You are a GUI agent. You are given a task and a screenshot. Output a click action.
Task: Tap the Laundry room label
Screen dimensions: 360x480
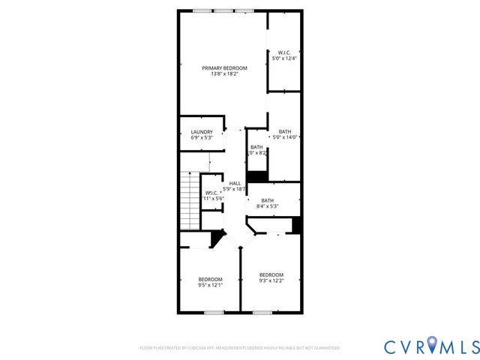point(202,132)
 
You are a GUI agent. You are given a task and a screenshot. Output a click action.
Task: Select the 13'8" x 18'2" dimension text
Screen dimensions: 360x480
point(224,74)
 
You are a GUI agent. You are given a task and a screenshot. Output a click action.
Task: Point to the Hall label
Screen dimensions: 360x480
point(235,183)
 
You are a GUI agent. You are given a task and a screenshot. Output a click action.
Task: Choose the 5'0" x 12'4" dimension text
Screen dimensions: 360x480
point(285,58)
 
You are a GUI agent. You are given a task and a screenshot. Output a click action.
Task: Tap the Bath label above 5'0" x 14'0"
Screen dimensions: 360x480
point(285,131)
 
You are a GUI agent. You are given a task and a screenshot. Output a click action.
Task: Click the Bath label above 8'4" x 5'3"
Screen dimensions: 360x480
point(268,200)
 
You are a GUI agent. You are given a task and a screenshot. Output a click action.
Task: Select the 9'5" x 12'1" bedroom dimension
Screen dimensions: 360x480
point(210,285)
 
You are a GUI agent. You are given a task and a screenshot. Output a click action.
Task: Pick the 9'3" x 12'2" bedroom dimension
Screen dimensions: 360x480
point(271,280)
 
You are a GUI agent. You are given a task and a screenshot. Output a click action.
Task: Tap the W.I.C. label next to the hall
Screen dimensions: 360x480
point(211,193)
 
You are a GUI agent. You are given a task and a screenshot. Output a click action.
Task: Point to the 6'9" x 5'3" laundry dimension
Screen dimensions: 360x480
point(202,138)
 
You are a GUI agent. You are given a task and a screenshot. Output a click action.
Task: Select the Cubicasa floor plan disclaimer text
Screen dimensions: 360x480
point(240,348)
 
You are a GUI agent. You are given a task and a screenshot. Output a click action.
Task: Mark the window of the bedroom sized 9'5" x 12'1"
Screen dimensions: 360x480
point(214,312)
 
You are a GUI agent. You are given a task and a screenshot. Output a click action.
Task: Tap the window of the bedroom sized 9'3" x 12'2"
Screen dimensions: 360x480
point(262,312)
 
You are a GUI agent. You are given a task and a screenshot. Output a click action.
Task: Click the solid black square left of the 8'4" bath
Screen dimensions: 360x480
point(257,177)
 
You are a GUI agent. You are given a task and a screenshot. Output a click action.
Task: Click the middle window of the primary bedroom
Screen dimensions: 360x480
point(223,10)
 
